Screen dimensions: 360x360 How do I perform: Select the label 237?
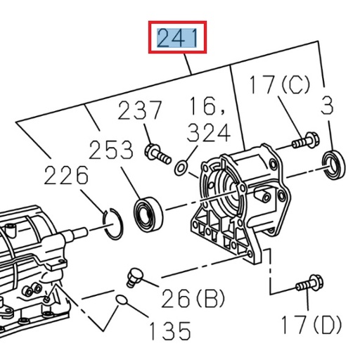point(139,111)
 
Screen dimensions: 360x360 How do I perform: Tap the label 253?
point(110,150)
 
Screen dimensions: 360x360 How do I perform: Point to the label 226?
point(66,175)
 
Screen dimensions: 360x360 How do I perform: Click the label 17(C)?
point(278,86)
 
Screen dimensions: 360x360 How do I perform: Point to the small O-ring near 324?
point(181,167)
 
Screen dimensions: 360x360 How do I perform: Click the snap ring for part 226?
point(114,224)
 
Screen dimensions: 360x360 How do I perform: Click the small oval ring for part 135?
point(122,302)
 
